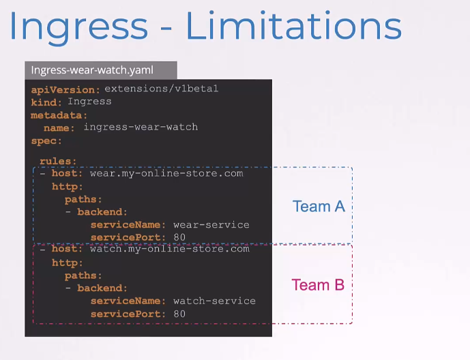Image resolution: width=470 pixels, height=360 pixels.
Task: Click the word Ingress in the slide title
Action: tap(79, 27)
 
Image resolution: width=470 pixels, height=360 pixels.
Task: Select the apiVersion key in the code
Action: tap(65, 90)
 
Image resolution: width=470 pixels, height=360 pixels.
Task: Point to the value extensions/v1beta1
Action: tap(161, 89)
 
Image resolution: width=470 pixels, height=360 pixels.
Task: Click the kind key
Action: tap(46, 102)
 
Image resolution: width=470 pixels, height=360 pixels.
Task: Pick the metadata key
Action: tap(59, 115)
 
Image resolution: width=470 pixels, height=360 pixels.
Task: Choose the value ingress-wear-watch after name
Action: tap(141, 127)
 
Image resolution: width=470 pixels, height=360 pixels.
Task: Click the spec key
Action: tap(46, 140)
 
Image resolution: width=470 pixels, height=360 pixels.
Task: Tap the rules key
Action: tap(58, 161)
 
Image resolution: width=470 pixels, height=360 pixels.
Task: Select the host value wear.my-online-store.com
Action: tap(166, 173)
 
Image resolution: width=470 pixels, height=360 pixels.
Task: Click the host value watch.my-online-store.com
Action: tap(170, 249)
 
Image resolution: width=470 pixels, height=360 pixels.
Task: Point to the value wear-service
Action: tap(211, 224)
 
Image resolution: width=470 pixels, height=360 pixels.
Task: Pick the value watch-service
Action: tap(214, 301)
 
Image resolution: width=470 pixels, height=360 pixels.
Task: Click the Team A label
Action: tap(319, 207)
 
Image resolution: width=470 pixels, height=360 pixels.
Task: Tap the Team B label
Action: tap(318, 285)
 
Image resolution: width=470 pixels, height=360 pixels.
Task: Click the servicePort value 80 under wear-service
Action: tap(179, 237)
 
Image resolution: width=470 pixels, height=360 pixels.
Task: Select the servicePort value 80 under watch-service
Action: tap(179, 314)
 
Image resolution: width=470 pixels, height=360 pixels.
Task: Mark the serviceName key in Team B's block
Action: tap(128, 301)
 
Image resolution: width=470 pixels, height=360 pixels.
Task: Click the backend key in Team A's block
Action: tap(102, 212)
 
